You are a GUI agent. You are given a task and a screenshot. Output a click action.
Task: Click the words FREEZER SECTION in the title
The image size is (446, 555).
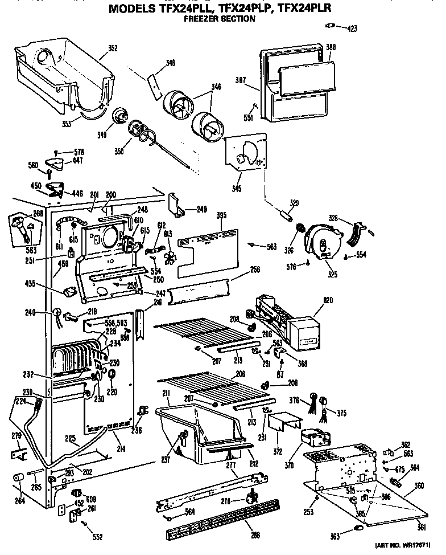click(x=219, y=19)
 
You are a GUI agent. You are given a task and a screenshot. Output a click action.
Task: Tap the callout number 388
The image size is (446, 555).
click(x=331, y=47)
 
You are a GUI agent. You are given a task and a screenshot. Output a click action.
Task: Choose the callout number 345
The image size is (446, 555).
click(x=236, y=189)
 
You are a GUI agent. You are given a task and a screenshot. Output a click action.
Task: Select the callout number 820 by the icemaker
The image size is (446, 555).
click(x=328, y=300)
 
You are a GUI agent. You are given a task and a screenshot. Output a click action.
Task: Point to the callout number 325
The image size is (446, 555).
click(x=333, y=275)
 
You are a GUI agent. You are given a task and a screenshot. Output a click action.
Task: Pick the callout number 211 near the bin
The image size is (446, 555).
click(x=148, y=393)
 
